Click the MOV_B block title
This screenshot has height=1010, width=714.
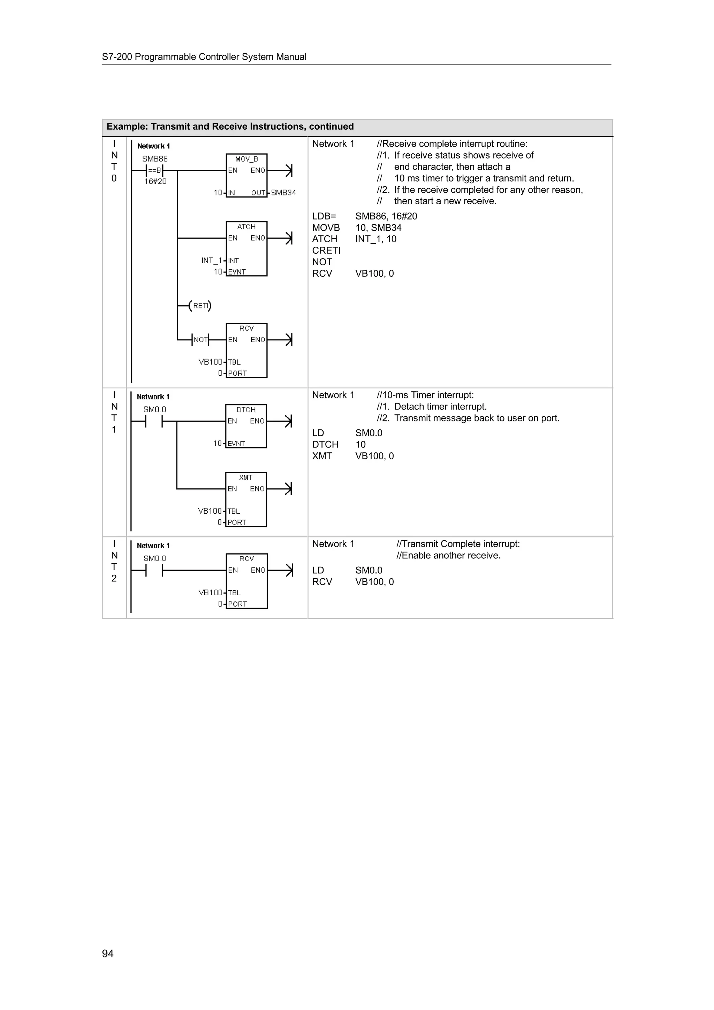coord(246,159)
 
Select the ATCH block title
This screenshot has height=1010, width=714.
coord(246,227)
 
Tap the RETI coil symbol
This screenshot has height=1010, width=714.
coord(200,306)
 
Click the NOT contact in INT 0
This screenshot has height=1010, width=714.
coord(200,339)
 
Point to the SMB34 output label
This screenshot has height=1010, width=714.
coord(283,193)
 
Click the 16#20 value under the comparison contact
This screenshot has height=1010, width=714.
coord(155,181)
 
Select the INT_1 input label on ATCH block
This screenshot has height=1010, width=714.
coord(212,260)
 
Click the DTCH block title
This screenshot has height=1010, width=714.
coord(246,410)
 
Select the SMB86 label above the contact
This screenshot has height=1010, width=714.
coord(155,159)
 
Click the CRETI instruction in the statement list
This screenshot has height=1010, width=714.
coord(326,250)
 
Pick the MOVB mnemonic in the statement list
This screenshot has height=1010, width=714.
coord(326,228)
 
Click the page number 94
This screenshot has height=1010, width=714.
coord(108,953)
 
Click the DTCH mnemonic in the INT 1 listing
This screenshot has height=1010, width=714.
coord(325,444)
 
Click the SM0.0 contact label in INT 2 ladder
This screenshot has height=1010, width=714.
coord(155,559)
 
